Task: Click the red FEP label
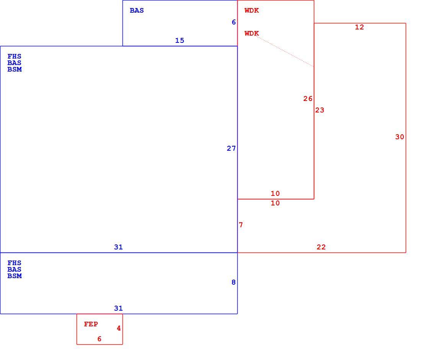pyautogui.click(x=91, y=324)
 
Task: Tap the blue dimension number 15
pyautogui.click(x=179, y=41)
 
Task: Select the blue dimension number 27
pyautogui.click(x=231, y=148)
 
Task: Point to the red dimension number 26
pyautogui.click(x=308, y=99)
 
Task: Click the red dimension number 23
pyautogui.click(x=320, y=110)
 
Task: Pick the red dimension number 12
pyautogui.click(x=359, y=27)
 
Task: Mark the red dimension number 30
pyautogui.click(x=400, y=137)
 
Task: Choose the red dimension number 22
pyautogui.click(x=321, y=247)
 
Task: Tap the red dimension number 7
pyautogui.click(x=241, y=225)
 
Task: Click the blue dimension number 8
pyautogui.click(x=233, y=282)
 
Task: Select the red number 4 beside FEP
pyautogui.click(x=119, y=328)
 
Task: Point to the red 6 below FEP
pyautogui.click(x=100, y=339)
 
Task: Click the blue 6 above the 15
pyautogui.click(x=233, y=22)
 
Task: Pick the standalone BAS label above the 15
pyautogui.click(x=137, y=10)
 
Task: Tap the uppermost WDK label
pyautogui.click(x=251, y=10)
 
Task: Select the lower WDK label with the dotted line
pyautogui.click(x=251, y=33)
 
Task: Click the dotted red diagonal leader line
pyautogui.click(x=285, y=51)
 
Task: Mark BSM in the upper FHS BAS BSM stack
pyautogui.click(x=15, y=69)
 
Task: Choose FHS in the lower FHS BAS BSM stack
pyautogui.click(x=14, y=263)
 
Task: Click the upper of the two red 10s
pyautogui.click(x=275, y=193)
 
